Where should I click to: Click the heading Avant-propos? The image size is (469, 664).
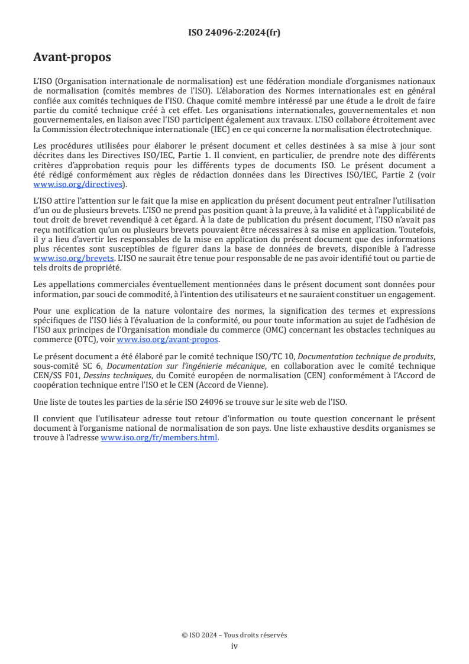(x=72, y=57)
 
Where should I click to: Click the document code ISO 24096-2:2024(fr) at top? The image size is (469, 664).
(x=234, y=33)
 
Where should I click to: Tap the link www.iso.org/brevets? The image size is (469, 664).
(x=73, y=259)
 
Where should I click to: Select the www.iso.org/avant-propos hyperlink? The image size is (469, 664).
(x=168, y=339)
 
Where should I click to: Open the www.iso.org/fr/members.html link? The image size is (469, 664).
(x=160, y=438)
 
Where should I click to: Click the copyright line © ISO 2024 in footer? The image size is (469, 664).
(x=234, y=635)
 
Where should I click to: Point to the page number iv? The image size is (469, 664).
(x=234, y=646)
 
